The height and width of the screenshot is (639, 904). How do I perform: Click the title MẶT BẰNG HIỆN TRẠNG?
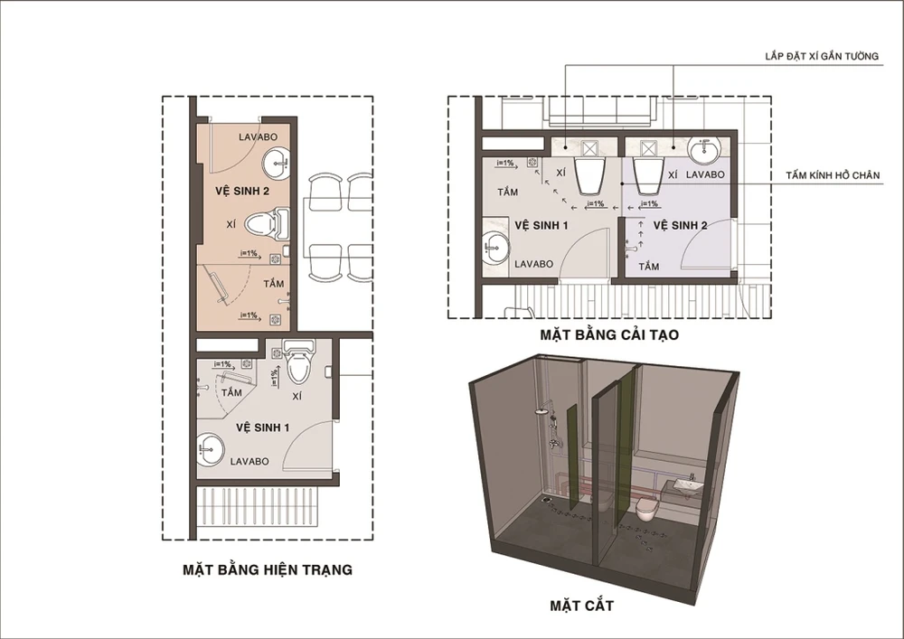click(x=268, y=569)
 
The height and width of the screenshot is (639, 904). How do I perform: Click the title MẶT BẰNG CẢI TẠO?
click(x=609, y=334)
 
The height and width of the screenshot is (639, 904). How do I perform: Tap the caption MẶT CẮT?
click(x=581, y=606)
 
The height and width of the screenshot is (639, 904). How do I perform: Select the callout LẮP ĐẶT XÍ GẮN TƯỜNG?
click(x=822, y=56)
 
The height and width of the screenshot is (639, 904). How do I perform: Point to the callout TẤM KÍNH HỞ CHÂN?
click(x=833, y=175)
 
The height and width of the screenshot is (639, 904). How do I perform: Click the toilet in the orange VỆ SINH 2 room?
click(x=267, y=223)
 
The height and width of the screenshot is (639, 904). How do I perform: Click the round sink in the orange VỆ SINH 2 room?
click(x=278, y=163)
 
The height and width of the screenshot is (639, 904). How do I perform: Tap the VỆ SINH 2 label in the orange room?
click(x=242, y=191)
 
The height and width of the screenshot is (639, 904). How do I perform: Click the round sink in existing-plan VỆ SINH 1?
click(x=211, y=449)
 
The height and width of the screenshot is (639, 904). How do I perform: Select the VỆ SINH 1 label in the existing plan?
click(x=262, y=428)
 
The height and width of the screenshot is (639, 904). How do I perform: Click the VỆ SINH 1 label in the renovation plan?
click(x=541, y=225)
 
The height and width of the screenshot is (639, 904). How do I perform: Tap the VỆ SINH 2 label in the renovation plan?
click(x=680, y=225)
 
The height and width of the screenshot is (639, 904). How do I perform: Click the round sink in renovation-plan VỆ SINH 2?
click(x=704, y=151)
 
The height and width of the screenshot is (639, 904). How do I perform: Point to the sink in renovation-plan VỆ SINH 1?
click(x=495, y=248)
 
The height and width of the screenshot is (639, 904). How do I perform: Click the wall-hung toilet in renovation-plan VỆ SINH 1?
click(x=591, y=175)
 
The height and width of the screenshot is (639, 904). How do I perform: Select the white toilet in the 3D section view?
click(x=645, y=510)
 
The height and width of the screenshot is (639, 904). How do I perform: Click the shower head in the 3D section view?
click(x=541, y=411)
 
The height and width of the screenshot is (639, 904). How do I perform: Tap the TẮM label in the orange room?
click(x=273, y=284)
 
